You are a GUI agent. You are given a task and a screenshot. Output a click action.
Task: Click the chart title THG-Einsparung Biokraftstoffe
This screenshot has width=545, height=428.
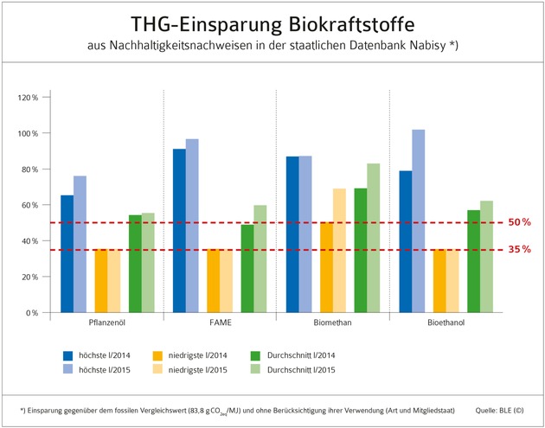[272, 24]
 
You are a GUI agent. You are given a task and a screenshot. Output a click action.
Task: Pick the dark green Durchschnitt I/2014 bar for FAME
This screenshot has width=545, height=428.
[248, 268]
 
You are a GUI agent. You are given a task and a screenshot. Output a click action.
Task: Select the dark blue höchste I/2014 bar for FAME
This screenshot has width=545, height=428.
[179, 230]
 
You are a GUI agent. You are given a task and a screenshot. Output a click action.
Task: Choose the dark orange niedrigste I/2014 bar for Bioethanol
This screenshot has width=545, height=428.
[439, 280]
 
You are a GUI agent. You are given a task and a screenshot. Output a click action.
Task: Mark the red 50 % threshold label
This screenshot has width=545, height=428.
[519, 222]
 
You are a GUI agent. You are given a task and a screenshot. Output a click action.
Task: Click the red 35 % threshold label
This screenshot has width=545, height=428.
[519, 250]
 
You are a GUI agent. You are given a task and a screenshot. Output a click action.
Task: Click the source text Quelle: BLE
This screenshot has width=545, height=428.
[499, 409]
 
